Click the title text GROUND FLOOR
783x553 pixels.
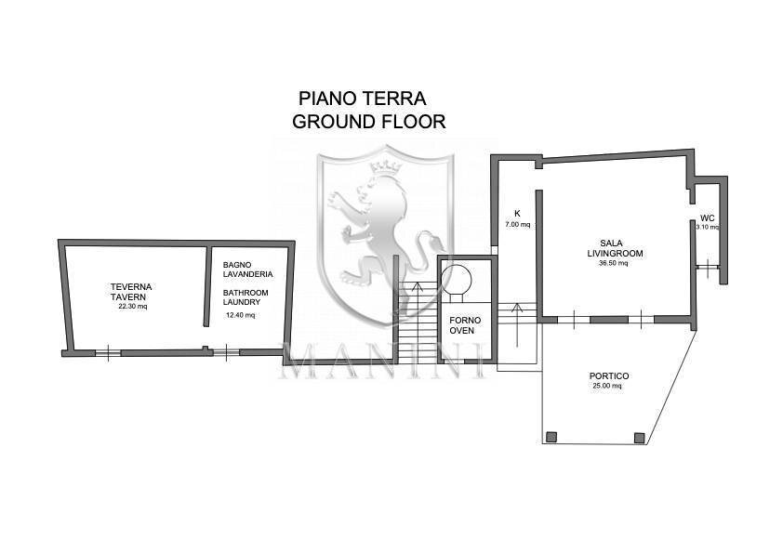coord(368,121)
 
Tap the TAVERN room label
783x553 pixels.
coord(130,296)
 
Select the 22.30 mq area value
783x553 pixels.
coord(132,307)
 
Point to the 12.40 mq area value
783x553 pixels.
coord(240,315)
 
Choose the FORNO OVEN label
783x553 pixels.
coord(462,326)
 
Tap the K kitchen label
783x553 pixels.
coord(517,213)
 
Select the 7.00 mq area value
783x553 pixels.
coord(517,225)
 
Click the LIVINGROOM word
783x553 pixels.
coord(615,253)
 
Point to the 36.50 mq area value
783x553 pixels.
coord(614,263)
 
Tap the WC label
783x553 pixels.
coord(707,218)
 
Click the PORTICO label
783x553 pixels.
coord(609,376)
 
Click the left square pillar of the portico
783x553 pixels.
coord(551,437)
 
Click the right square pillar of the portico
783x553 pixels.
coord(639,437)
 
